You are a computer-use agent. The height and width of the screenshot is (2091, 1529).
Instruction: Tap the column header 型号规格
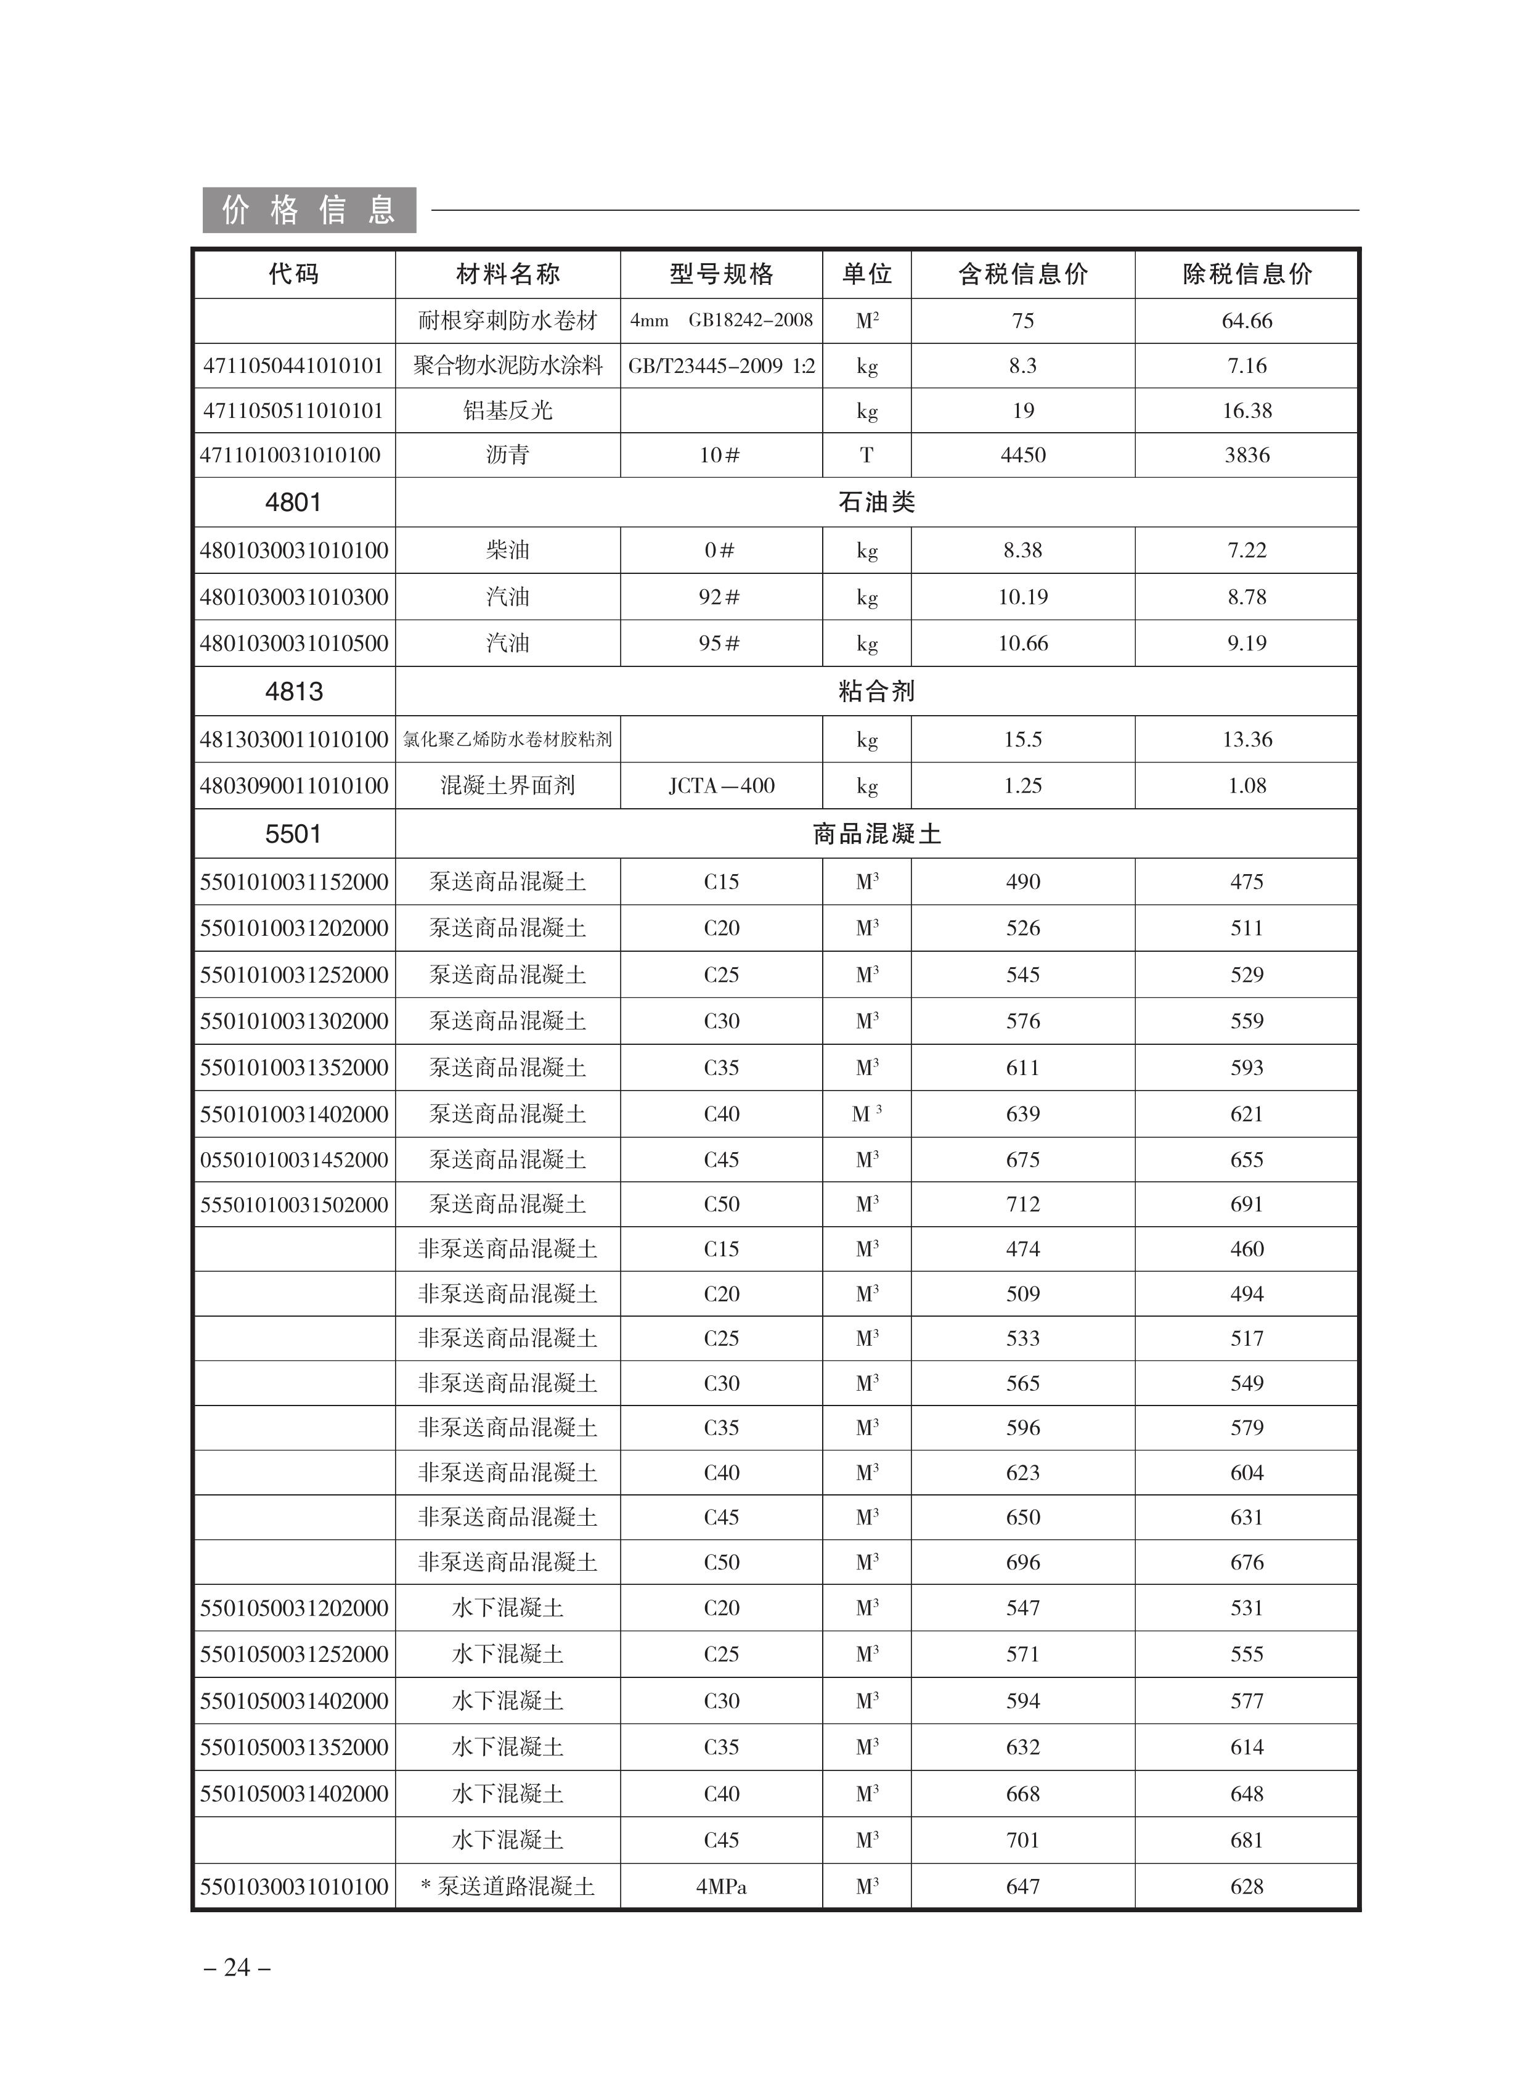pos(721,274)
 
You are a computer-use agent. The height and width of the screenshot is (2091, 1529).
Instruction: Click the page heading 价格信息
pos(309,210)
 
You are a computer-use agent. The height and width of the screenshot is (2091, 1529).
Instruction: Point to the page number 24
pos(237,1966)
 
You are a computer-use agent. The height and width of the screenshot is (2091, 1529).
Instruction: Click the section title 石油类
pos(876,502)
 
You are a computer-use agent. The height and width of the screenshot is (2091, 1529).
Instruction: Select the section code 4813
pos(293,692)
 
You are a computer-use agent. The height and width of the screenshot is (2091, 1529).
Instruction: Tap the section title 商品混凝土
pos(876,834)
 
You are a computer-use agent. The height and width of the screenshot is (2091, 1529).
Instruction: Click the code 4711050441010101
pos(293,366)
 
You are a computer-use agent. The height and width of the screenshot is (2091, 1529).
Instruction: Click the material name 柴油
pos(507,550)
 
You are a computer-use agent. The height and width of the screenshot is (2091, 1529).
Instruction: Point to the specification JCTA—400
pos(721,786)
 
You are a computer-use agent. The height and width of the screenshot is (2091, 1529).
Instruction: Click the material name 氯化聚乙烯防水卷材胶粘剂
pos(507,740)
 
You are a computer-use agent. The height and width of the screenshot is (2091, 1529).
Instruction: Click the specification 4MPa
pos(721,1886)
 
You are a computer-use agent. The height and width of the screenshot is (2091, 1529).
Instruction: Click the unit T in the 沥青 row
pos(866,456)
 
